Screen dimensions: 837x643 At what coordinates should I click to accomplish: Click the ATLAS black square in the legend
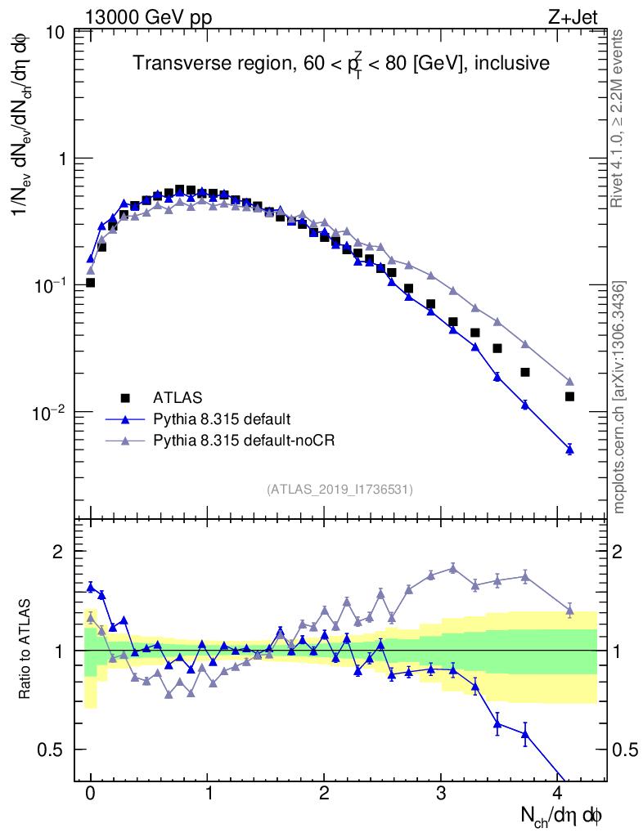coord(125,398)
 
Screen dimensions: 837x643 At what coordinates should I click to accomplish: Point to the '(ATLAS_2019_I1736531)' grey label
coord(339,490)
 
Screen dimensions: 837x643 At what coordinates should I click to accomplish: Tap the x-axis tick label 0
coord(90,793)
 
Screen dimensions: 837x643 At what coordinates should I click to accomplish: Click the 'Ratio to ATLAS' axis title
coord(26,650)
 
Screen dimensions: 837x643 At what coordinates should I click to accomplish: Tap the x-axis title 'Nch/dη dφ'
coord(563,816)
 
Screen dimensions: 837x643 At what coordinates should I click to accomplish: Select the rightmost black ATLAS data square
coord(569,396)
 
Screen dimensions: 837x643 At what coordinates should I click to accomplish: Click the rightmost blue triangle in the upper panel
coord(569,449)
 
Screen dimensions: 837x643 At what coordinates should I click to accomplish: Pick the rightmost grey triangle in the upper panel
coord(569,382)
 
